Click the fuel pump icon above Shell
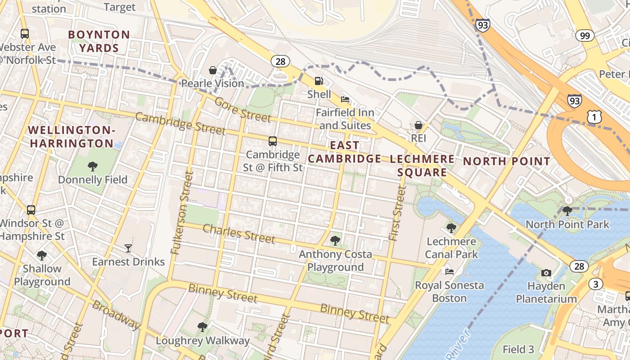319,81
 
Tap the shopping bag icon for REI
418,125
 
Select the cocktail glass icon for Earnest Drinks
128,248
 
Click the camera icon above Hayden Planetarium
546,273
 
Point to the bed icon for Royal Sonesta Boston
449,271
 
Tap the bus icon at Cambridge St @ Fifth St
273,141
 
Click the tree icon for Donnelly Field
93,166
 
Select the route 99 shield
585,36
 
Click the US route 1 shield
594,117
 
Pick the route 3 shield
595,284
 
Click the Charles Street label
238,233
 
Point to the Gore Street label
243,110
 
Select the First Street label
396,213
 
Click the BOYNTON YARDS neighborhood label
99,41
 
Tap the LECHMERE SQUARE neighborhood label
422,166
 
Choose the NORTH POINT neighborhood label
506,162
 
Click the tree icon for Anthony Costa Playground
335,241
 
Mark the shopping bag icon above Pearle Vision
213,70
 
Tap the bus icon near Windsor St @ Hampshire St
31,210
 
